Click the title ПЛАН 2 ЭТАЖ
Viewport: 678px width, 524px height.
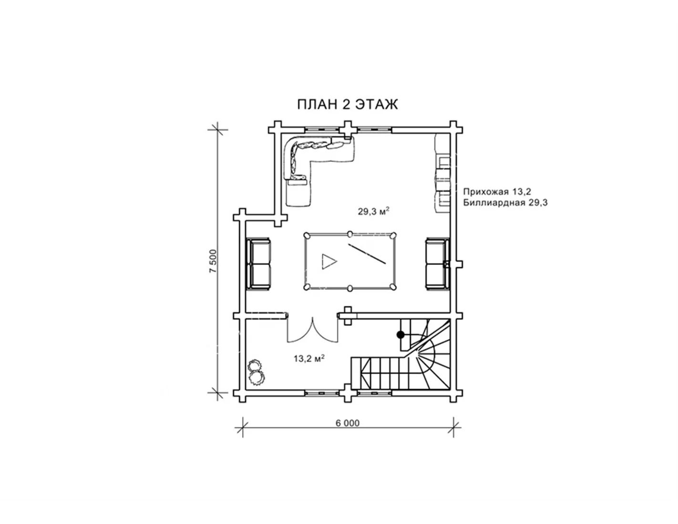pos(347,104)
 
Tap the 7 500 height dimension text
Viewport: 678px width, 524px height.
pos(213,261)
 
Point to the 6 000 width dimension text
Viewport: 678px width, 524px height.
pos(348,423)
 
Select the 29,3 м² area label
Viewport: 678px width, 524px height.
pos(373,212)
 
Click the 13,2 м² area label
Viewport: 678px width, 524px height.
pos(309,359)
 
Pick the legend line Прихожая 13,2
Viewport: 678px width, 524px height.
pos(497,191)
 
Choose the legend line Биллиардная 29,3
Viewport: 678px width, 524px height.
pos(505,203)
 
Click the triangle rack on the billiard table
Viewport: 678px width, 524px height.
pos(329,262)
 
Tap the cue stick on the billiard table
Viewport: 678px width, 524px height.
pos(367,254)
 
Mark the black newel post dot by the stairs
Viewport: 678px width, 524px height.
pos(401,335)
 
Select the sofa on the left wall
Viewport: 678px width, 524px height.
pos(258,264)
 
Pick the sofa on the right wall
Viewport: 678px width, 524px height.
pos(437,264)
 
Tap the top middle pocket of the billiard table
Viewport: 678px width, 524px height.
pos(350,233)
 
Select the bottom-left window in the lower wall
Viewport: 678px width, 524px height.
pos(322,393)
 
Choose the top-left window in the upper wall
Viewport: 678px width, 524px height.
pos(322,130)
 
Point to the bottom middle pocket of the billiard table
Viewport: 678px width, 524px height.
pos(350,288)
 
